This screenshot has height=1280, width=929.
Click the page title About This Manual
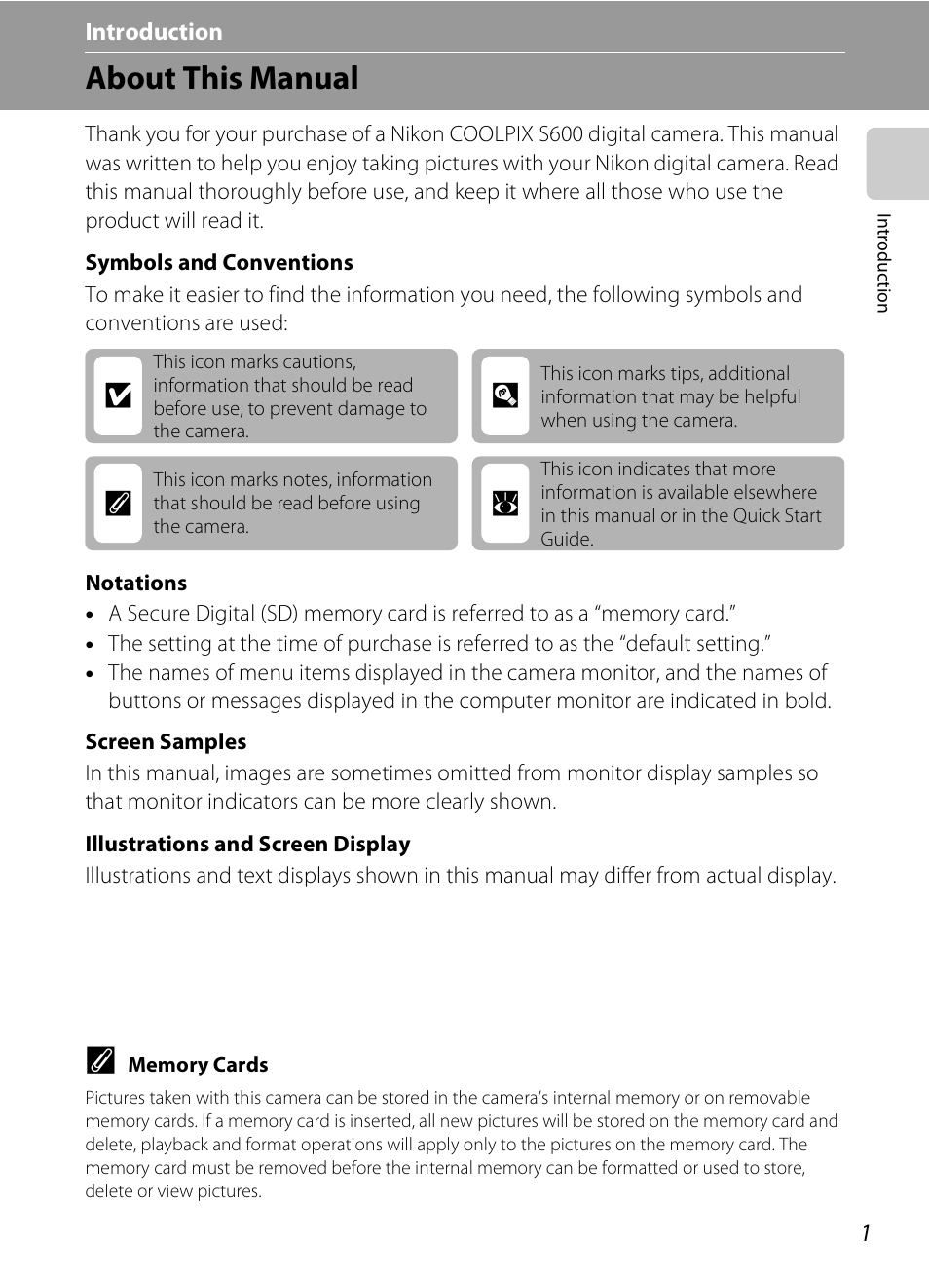click(222, 78)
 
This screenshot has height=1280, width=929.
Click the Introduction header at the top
click(154, 32)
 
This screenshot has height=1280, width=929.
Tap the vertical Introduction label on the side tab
click(882, 263)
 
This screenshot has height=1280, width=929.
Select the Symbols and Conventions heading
click(219, 263)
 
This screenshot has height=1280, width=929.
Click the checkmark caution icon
click(119, 395)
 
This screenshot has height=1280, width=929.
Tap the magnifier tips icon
click(505, 395)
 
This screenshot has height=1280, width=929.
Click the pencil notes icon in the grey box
click(119, 504)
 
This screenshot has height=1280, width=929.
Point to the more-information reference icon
click(505, 504)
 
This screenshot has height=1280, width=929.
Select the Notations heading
click(136, 584)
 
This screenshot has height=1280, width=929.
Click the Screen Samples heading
click(166, 742)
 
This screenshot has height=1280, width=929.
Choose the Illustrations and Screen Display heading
click(247, 845)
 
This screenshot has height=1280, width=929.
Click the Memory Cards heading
click(198, 1065)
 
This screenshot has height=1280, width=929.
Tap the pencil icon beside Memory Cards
click(100, 1061)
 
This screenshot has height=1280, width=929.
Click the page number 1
click(865, 1233)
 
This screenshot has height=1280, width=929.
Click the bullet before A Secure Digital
click(91, 616)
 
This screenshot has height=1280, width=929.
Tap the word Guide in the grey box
click(566, 540)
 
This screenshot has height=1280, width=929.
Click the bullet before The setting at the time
click(91, 645)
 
